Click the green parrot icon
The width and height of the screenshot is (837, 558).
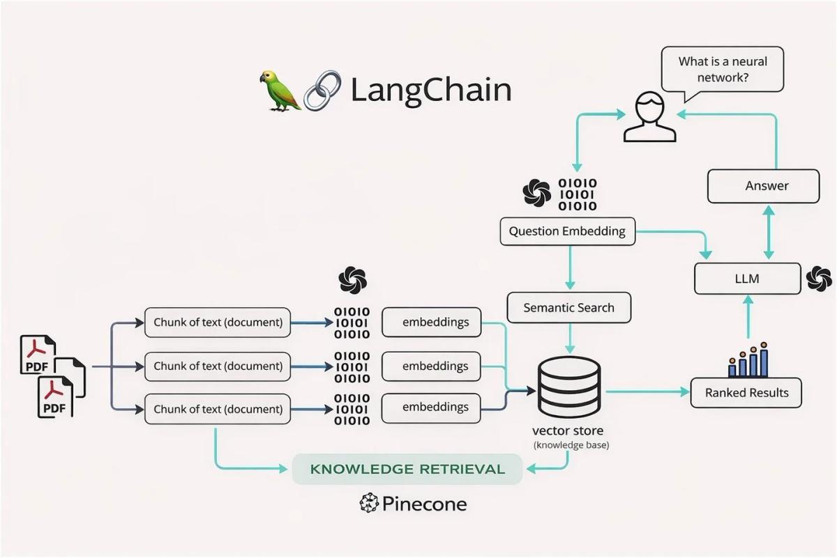pos(280,90)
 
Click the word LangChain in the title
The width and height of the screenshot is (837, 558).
pos(430,91)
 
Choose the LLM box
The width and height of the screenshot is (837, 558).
pos(747,279)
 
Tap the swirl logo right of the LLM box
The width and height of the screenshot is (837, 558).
pos(819,279)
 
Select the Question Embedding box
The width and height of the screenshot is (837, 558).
pos(567,231)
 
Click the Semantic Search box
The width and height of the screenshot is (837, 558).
pos(568,307)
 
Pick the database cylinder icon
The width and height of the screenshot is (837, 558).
pos(568,387)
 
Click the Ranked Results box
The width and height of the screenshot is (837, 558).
pos(746,393)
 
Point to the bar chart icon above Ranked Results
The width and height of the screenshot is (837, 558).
pos(748,360)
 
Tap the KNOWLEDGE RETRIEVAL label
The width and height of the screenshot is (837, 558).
pos(407,469)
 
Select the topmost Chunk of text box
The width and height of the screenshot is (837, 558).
pos(218,323)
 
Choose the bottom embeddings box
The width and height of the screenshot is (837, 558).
pos(431,408)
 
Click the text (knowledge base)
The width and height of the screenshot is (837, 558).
pos(571,445)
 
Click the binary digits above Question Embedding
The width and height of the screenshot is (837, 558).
pos(577,195)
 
